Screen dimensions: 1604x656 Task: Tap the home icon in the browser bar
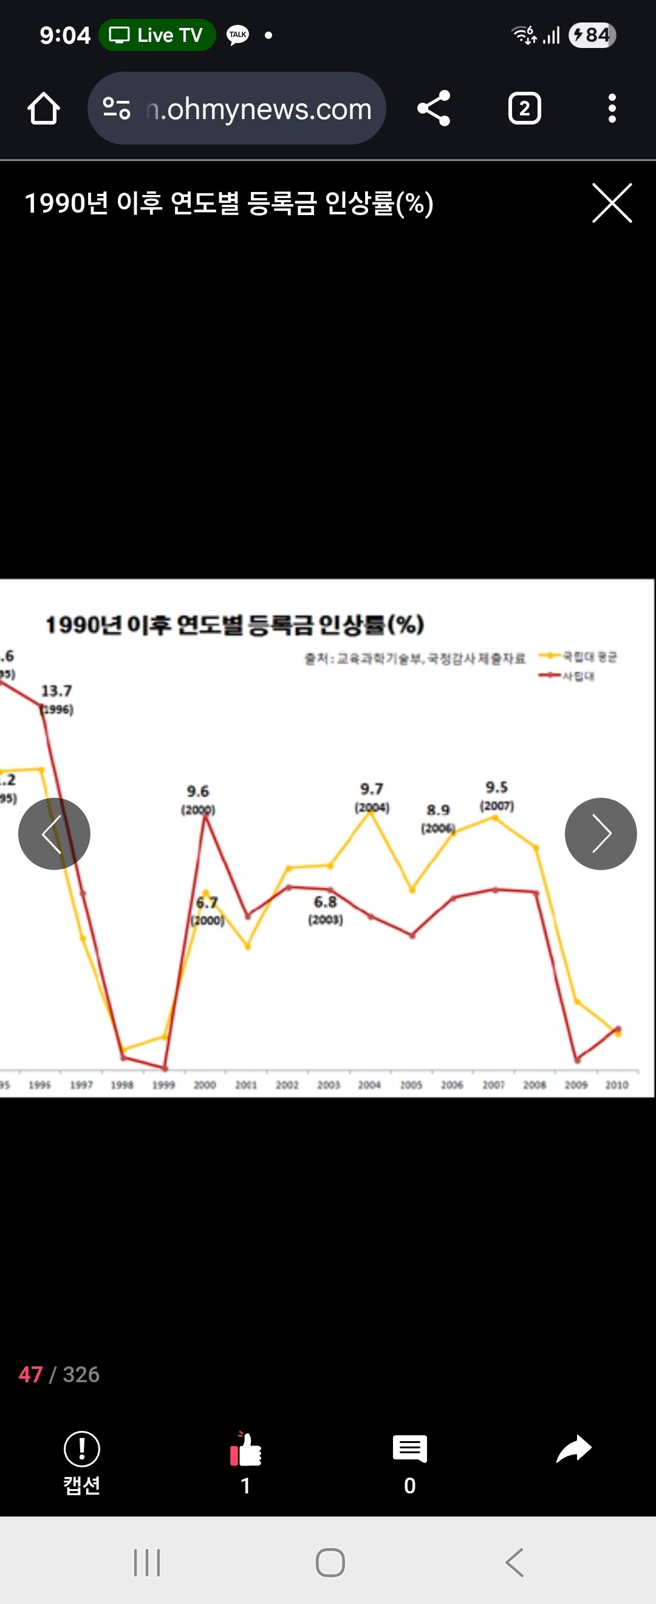(x=44, y=108)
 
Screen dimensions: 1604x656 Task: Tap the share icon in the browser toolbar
(x=434, y=108)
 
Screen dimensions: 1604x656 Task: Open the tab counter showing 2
(x=524, y=108)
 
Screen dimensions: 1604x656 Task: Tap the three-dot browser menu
(x=612, y=108)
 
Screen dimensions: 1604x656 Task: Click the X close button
(x=612, y=203)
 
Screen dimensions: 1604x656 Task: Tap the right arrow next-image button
(x=601, y=833)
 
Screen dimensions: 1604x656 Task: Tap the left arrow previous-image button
(x=54, y=833)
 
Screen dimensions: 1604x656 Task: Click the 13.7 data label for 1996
(x=56, y=691)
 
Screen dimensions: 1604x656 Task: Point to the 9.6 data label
(x=198, y=792)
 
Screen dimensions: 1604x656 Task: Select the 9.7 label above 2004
(x=372, y=789)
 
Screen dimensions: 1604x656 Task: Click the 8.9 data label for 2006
(x=438, y=810)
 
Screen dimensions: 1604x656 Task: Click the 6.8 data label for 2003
(x=326, y=902)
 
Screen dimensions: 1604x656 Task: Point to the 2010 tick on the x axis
(x=617, y=1085)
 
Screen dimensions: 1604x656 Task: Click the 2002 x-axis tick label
(x=287, y=1085)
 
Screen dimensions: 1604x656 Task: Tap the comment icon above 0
(x=409, y=1448)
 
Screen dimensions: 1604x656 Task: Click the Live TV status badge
(x=157, y=35)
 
